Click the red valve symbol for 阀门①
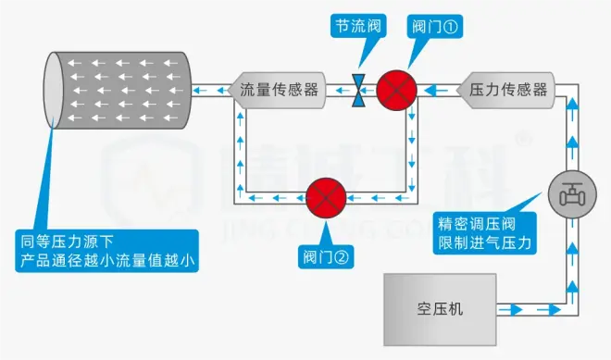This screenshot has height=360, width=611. pyautogui.click(x=396, y=90)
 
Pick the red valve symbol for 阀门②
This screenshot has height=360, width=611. pyautogui.click(x=325, y=198)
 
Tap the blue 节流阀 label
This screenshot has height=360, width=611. pyautogui.click(x=355, y=25)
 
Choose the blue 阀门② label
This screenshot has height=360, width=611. pyautogui.click(x=326, y=256)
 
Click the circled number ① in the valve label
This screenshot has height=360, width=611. pyautogui.click(x=453, y=25)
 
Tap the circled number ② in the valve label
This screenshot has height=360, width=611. pyautogui.click(x=343, y=256)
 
